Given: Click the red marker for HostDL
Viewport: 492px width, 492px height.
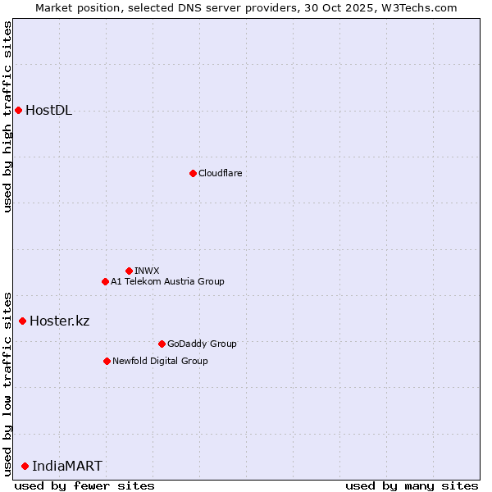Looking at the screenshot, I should (18, 111).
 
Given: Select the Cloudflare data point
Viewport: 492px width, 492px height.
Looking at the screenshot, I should (193, 173).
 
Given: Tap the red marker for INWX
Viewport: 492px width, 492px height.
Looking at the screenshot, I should (129, 271).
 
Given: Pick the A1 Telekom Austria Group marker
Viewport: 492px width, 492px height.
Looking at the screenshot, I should (105, 281).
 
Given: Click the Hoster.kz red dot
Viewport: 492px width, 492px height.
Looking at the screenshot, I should (22, 321).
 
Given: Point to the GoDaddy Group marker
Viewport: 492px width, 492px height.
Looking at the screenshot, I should (162, 344).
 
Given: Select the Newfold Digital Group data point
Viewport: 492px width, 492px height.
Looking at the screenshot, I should (107, 361).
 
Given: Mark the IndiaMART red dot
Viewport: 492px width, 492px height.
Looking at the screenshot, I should (25, 466).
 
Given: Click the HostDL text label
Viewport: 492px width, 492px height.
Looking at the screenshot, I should (49, 111).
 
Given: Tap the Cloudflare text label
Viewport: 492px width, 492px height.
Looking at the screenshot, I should (220, 173).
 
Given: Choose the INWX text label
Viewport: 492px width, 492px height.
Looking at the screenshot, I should (147, 271).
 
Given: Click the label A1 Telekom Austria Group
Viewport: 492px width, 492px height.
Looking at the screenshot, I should (167, 281).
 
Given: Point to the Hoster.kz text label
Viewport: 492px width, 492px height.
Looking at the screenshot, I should (59, 321).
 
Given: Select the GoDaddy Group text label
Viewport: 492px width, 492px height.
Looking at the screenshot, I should (202, 344).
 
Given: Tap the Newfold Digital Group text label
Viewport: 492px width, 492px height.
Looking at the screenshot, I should (160, 361).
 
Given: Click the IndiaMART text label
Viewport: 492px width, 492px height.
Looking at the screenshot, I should (67, 466).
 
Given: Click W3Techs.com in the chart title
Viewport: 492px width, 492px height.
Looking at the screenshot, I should (421, 7).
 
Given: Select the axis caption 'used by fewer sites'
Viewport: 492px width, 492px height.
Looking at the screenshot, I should (84, 485).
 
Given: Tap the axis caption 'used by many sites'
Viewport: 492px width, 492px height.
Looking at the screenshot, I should (412, 485).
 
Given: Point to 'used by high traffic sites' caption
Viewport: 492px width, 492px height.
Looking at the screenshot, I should (7, 116).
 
